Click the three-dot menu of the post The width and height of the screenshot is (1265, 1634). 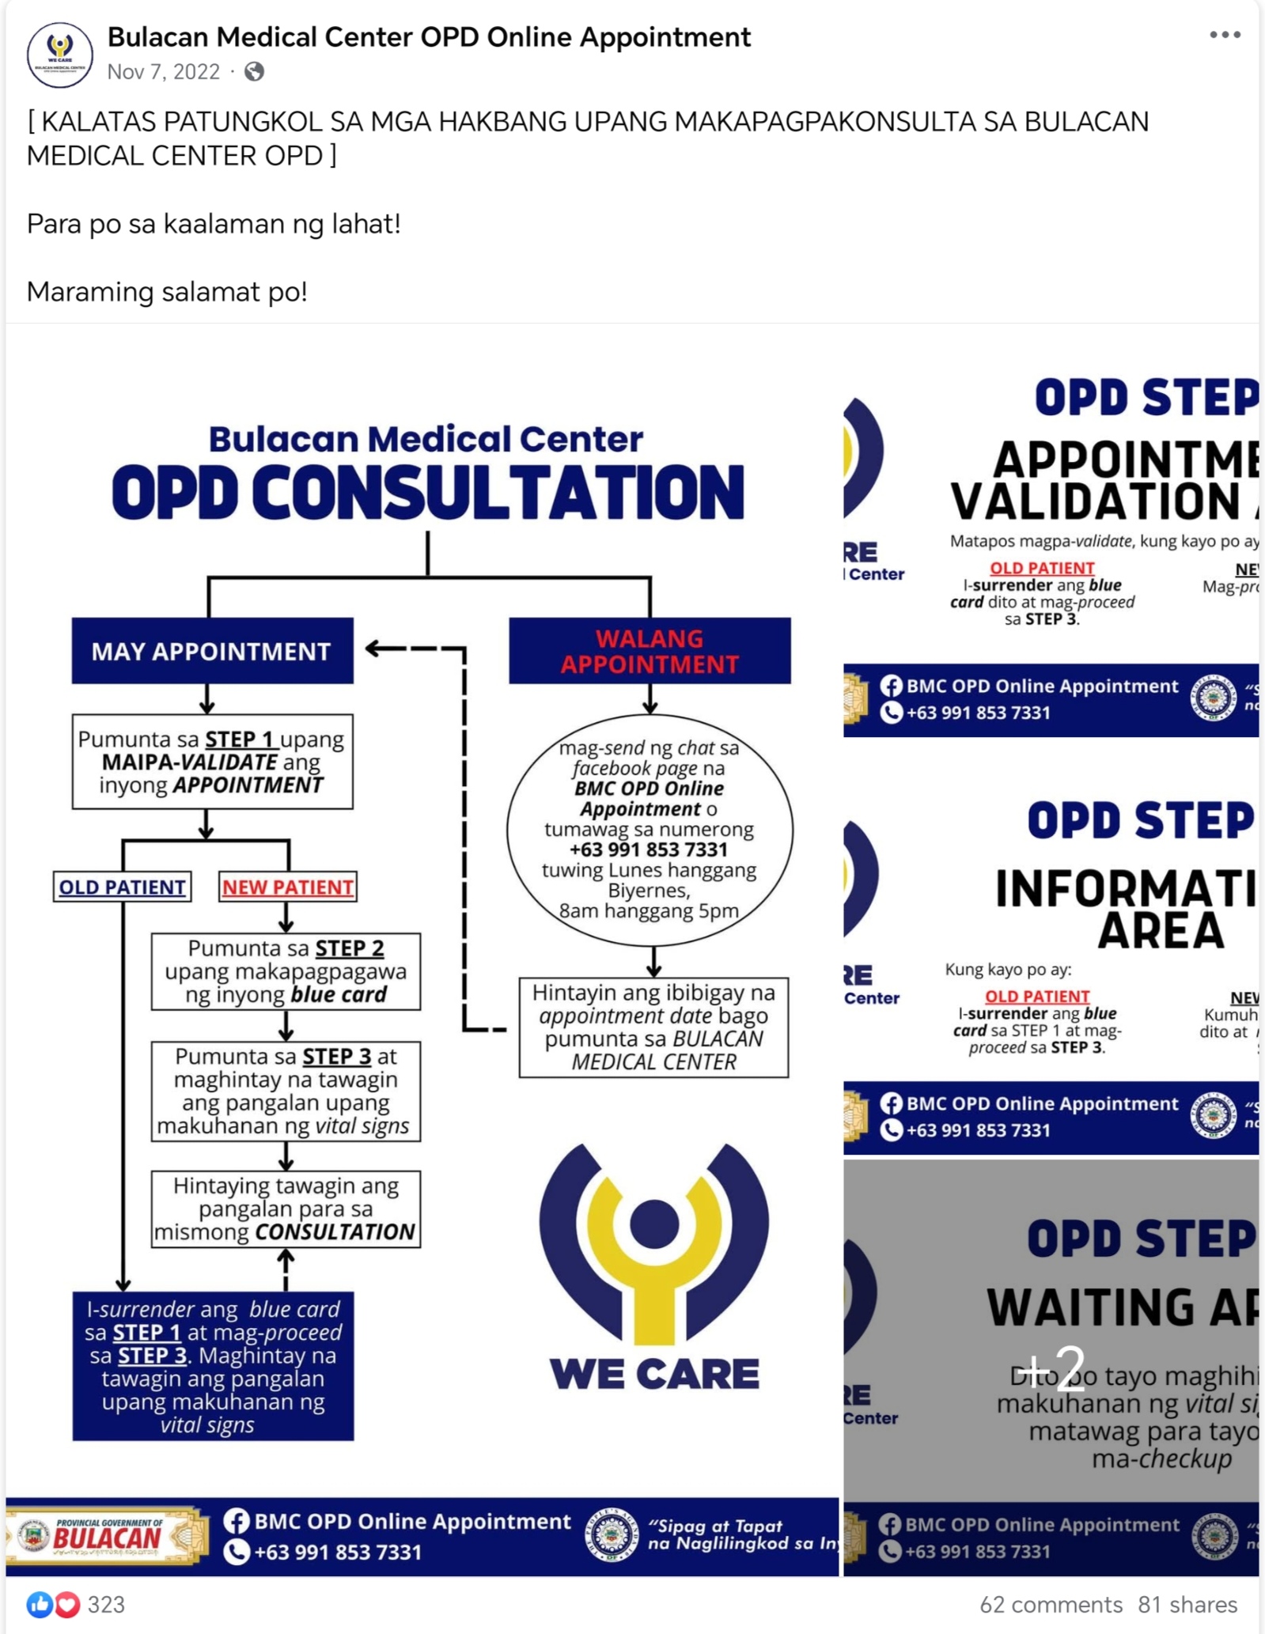1224,35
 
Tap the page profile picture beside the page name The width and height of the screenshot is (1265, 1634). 60,55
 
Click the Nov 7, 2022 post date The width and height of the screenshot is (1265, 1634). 163,72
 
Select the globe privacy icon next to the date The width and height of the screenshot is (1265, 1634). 254,72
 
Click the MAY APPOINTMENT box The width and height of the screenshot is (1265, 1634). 212,651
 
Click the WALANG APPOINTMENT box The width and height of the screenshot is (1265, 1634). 650,651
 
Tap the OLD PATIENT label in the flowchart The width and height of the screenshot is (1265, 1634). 122,887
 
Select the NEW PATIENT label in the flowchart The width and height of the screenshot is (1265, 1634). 287,887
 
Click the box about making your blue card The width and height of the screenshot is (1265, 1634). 286,971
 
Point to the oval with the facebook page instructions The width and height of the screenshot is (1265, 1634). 650,829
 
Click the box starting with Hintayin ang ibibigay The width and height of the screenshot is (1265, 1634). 653,1027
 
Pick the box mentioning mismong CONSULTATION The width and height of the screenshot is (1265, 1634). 286,1208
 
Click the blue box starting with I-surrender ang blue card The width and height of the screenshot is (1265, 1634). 213,1366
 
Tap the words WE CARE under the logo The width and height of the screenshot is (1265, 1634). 654,1374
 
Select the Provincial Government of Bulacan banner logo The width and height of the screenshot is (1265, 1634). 107,1536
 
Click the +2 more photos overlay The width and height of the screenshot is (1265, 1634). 1051,1368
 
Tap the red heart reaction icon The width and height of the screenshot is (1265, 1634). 67,1605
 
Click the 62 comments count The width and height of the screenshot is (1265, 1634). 1051,1605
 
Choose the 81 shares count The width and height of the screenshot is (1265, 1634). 1187,1605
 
